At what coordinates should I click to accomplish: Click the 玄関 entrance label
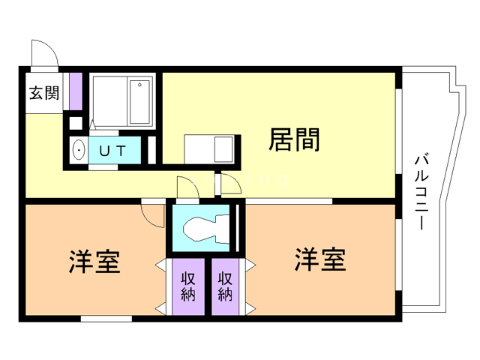pyautogui.click(x=43, y=94)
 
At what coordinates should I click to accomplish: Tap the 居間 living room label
pyautogui.click(x=295, y=140)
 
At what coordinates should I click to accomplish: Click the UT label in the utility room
pyautogui.click(x=114, y=150)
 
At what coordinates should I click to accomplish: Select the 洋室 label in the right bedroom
pyautogui.click(x=319, y=260)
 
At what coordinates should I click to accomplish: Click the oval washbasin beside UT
pyautogui.click(x=78, y=151)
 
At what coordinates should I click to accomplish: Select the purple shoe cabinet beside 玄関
pyautogui.click(x=75, y=92)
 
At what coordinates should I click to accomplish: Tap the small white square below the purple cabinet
pyautogui.click(x=75, y=123)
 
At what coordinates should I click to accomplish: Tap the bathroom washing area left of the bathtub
pyautogui.click(x=109, y=101)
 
